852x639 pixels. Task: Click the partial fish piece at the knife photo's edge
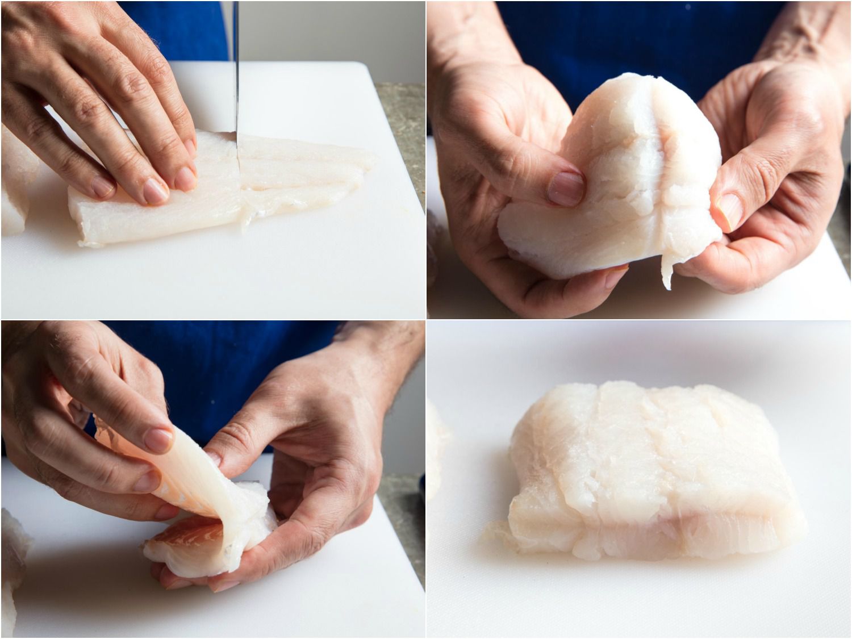11,187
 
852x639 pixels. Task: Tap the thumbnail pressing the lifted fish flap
158,440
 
